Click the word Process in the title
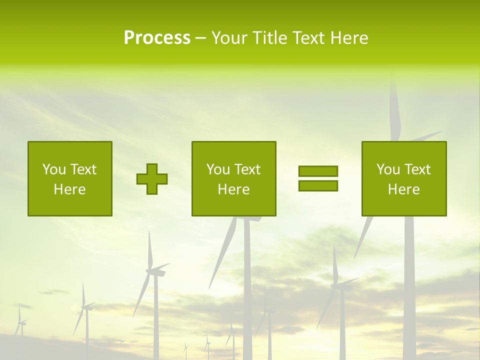coord(157,38)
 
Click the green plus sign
coord(152,179)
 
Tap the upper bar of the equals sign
coord(318,171)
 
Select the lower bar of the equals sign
coord(318,185)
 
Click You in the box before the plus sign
coord(54,169)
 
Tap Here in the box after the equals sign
coord(403,189)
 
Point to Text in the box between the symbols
coord(247,169)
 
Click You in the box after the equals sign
coord(388,169)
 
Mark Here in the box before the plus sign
coord(69,189)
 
